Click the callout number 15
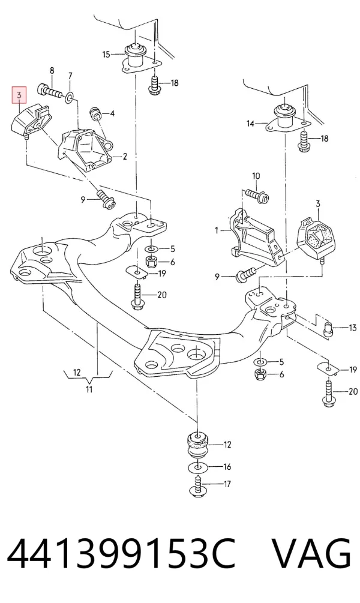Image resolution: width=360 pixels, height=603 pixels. [106, 55]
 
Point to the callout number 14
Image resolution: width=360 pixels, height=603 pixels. [250, 124]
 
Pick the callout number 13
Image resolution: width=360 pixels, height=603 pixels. [353, 328]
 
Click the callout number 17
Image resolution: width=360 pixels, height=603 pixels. [227, 484]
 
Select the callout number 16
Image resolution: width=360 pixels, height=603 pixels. [227, 467]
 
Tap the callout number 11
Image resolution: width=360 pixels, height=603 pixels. [89, 389]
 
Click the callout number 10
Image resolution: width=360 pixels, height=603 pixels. [256, 176]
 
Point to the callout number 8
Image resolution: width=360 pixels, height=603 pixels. [52, 71]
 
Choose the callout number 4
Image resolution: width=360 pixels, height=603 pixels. [112, 113]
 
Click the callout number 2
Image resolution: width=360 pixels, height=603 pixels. [125, 157]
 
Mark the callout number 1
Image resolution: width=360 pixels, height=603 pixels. [217, 231]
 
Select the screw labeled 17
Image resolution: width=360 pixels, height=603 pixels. [199, 486]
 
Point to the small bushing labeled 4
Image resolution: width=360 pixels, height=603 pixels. [95, 113]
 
